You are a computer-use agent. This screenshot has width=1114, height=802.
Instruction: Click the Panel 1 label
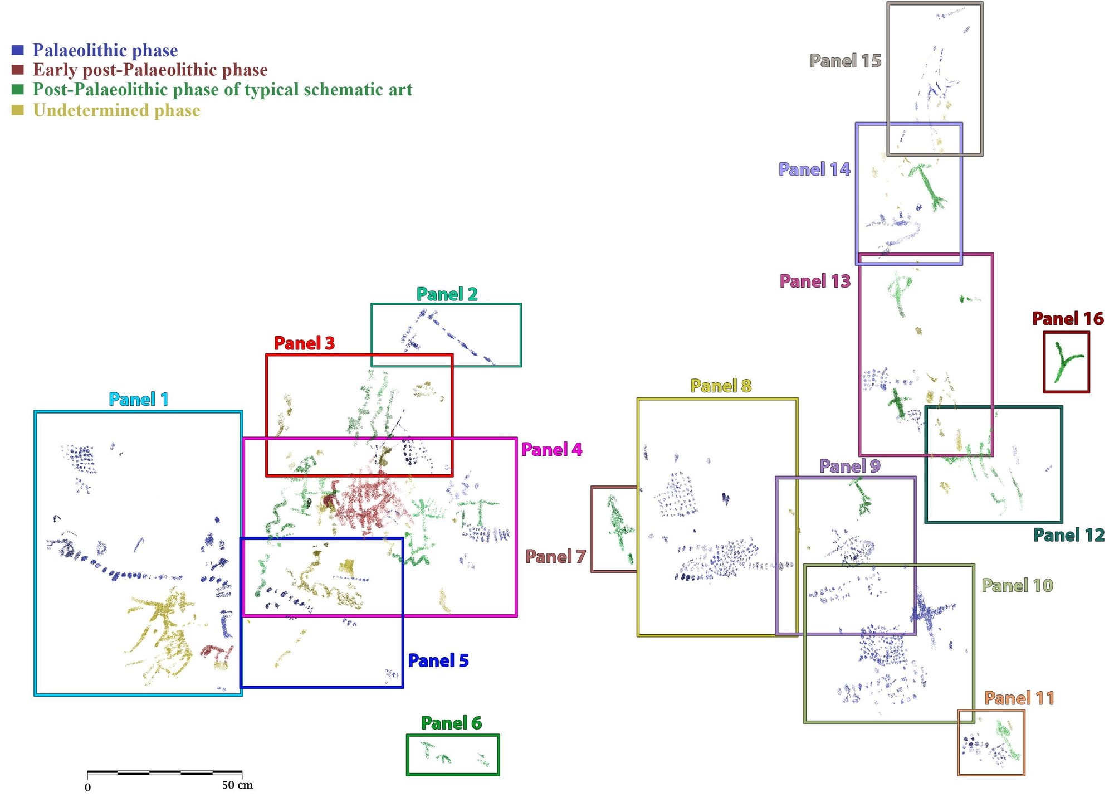tap(138, 399)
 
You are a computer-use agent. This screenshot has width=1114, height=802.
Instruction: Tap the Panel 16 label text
tap(1067, 319)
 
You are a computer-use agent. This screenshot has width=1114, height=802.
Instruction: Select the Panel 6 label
tap(451, 723)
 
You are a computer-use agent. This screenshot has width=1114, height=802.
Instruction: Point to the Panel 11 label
tap(1019, 698)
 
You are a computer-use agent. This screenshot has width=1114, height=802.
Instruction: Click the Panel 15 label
tap(845, 61)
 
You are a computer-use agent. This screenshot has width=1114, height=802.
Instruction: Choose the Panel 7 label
tap(555, 556)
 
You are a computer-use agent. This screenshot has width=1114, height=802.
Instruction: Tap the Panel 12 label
tap(1069, 535)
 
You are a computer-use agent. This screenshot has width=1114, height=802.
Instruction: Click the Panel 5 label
tap(438, 660)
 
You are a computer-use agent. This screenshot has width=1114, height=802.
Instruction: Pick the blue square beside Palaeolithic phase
tap(18, 50)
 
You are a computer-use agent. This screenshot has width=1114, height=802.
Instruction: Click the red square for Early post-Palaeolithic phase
tap(18, 70)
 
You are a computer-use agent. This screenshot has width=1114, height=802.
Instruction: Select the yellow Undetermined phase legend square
tap(18, 110)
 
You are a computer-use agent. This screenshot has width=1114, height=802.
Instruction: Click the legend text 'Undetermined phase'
tap(116, 110)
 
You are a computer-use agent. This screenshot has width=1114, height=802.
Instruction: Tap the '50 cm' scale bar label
tap(237, 785)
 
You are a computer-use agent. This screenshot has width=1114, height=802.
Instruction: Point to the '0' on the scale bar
tap(87, 788)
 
